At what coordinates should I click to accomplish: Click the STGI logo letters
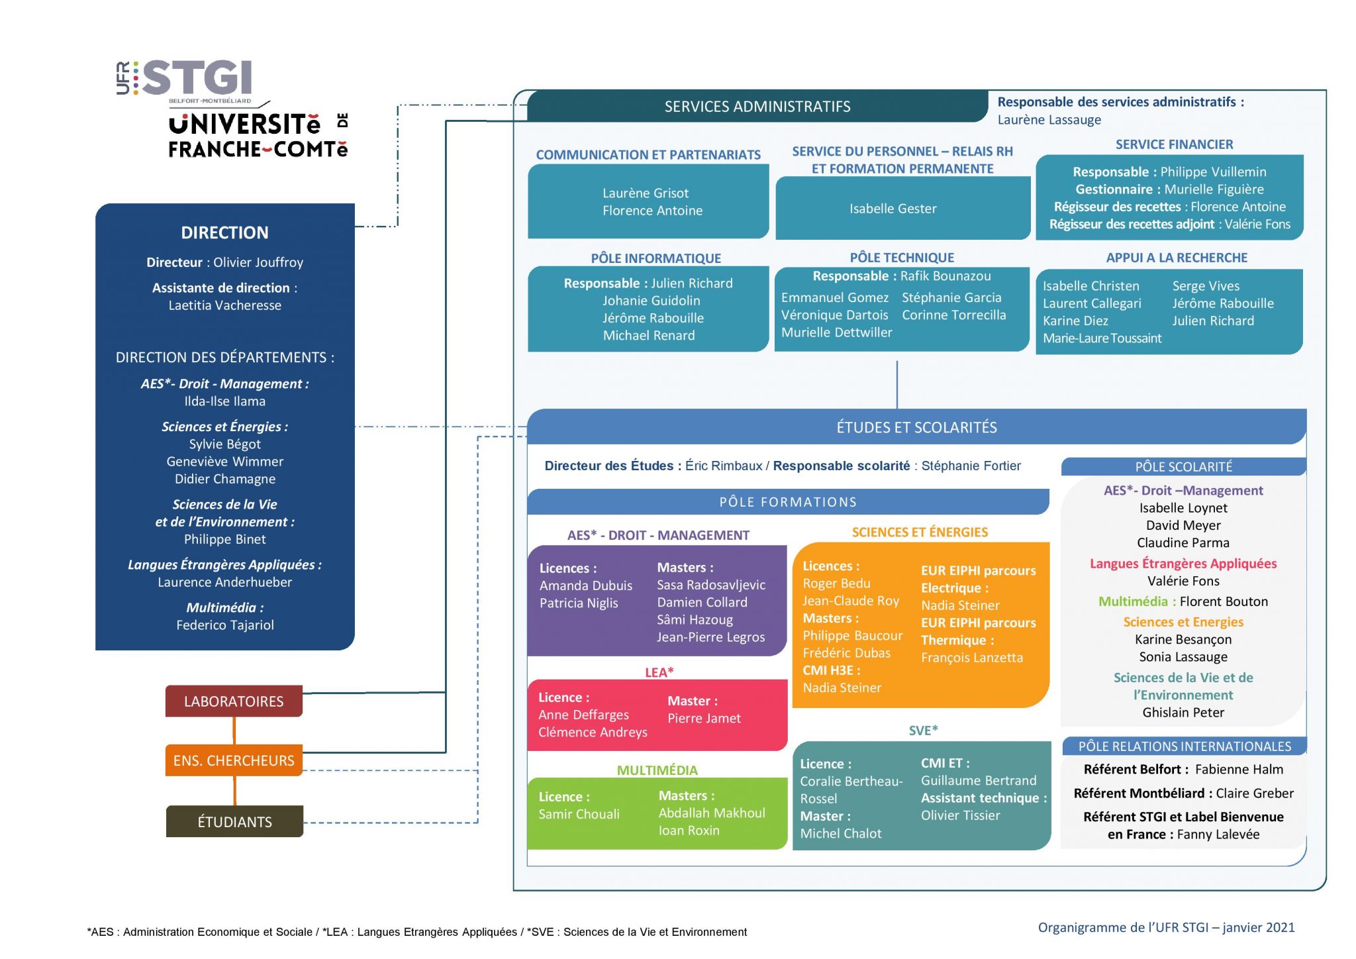[x=197, y=77]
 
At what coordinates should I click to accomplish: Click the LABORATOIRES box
[x=234, y=701]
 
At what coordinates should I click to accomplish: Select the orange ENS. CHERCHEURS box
[x=234, y=760]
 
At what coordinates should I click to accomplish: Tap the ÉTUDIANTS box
[x=234, y=821]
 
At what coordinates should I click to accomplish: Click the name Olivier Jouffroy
[x=258, y=262]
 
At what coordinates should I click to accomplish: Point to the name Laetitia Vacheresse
[x=225, y=305]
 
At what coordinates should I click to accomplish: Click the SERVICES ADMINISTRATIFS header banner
[x=757, y=106]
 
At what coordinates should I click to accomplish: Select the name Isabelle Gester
[x=893, y=209]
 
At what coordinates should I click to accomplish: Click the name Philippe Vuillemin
[x=1213, y=172]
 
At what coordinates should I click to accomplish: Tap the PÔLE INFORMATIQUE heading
[x=656, y=258]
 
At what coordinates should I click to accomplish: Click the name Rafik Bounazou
[x=945, y=276]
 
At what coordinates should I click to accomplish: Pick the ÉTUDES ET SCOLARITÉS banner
[x=917, y=427]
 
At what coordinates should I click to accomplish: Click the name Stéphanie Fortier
[x=971, y=466]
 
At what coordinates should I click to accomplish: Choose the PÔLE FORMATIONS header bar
[x=788, y=502]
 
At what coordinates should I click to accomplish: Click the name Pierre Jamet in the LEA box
[x=704, y=719]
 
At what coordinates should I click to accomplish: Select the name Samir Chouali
[x=579, y=814]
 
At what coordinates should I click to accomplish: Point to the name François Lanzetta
[x=972, y=658]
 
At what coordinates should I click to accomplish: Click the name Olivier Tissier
[x=961, y=815]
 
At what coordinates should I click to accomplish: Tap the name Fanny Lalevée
[x=1218, y=834]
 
